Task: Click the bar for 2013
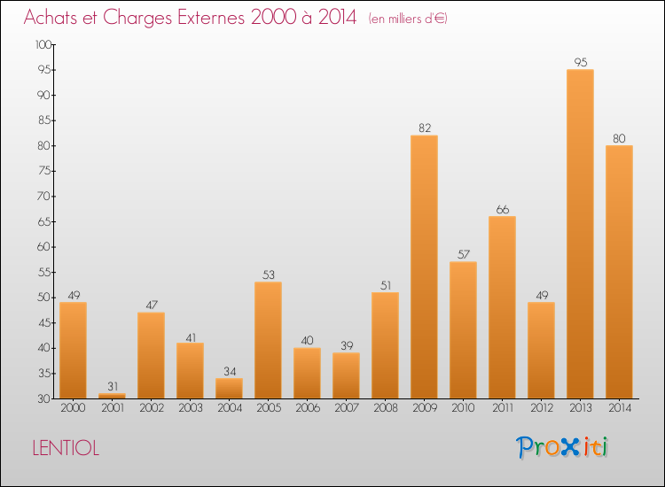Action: coord(580,234)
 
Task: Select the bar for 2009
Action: coord(424,267)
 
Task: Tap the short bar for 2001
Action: coord(112,396)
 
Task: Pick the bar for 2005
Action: coord(268,340)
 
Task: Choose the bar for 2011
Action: coord(502,307)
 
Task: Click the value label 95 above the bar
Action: coord(580,62)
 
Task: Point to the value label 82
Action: coord(424,128)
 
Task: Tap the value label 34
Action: coord(229,371)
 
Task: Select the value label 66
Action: coord(502,209)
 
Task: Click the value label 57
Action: coord(463,254)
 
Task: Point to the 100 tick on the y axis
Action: coord(42,44)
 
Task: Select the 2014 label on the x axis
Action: coord(619,408)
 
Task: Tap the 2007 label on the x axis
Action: coord(346,408)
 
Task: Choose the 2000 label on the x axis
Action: coord(73,408)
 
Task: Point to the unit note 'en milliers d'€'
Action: coord(408,19)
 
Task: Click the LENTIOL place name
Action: coord(66,449)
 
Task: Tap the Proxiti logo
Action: coord(562,447)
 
